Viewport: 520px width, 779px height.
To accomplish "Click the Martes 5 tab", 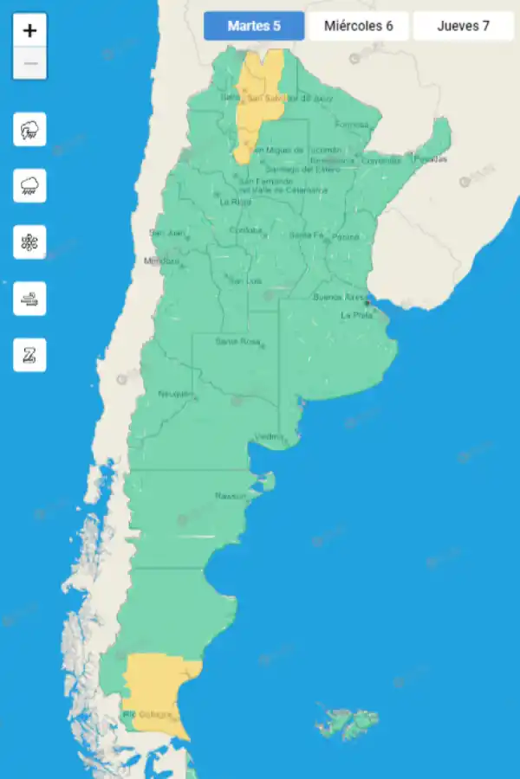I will (x=254, y=26).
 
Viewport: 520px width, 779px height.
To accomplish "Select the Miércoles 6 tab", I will (x=358, y=26).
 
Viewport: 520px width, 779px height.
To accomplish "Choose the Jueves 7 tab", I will (x=463, y=26).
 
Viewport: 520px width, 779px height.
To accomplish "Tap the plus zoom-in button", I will (x=30, y=31).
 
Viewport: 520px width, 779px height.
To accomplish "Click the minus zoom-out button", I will (x=30, y=63).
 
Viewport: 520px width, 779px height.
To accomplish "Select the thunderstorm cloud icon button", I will (x=30, y=130).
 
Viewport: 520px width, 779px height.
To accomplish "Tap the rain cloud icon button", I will (x=30, y=185).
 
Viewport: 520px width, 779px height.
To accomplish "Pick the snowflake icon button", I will (x=30, y=241).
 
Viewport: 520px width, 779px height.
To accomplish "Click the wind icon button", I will (x=30, y=299).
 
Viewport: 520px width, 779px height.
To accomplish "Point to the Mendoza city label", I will (x=161, y=261).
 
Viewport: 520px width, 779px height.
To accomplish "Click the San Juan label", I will (x=166, y=232).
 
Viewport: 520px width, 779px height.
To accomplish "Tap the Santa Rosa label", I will (x=237, y=342).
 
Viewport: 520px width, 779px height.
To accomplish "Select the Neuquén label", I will (x=176, y=394).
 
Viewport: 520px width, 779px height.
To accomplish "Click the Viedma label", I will (x=269, y=436).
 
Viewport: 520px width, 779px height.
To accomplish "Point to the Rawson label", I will (x=231, y=496).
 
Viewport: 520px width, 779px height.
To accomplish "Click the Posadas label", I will (x=430, y=159).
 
